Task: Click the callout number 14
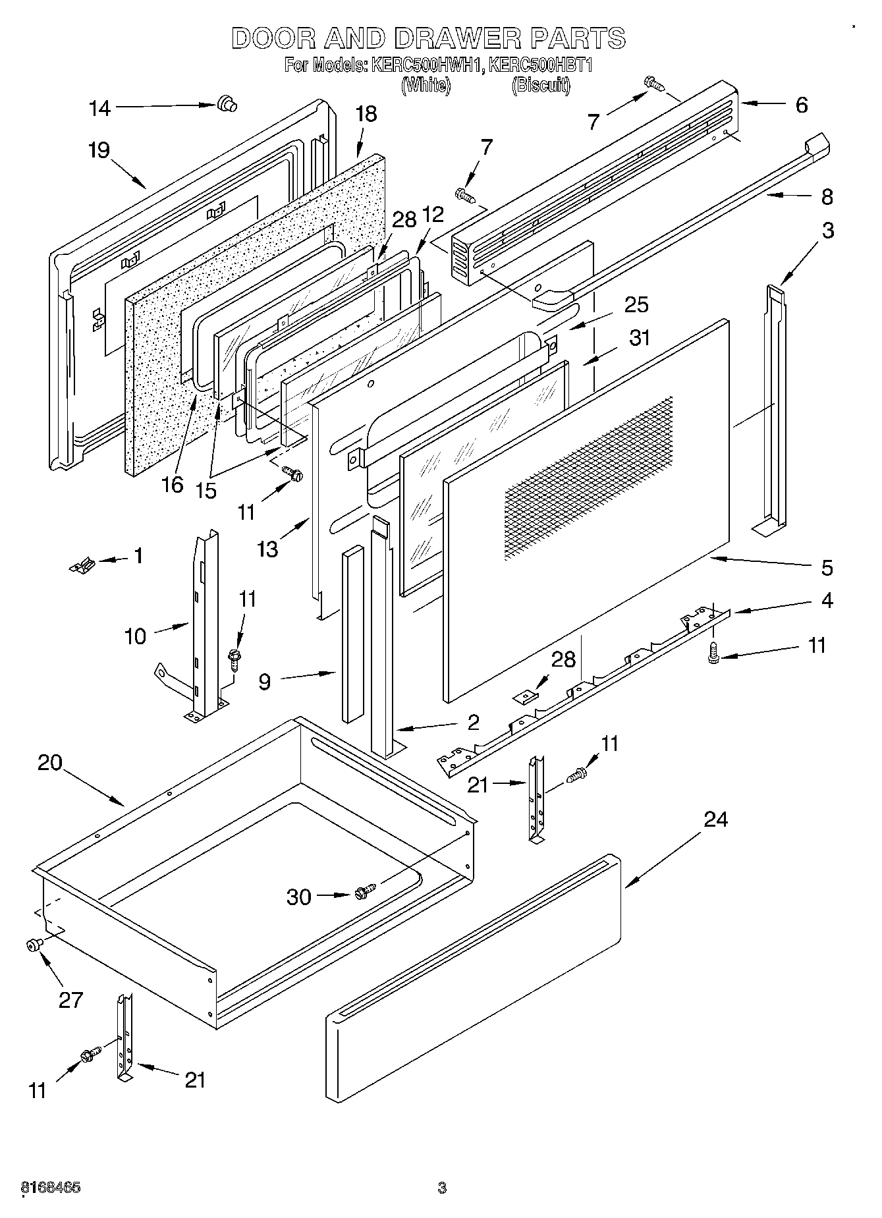tap(99, 108)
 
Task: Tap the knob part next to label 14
tap(227, 103)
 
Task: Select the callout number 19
tap(99, 150)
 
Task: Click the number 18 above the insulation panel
tap(366, 114)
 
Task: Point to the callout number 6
tap(801, 105)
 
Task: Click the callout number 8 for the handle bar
tap(827, 196)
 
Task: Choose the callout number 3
tap(827, 231)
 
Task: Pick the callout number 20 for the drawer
tap(50, 762)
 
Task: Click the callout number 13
tap(267, 548)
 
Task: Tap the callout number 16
tap(172, 485)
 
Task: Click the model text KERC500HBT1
tap(541, 66)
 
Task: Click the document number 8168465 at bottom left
tap(51, 1188)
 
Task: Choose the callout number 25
tap(636, 304)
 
